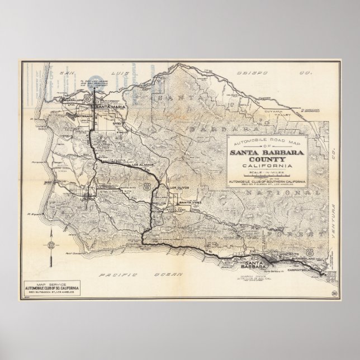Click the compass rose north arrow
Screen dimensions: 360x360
pos(53,246)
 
